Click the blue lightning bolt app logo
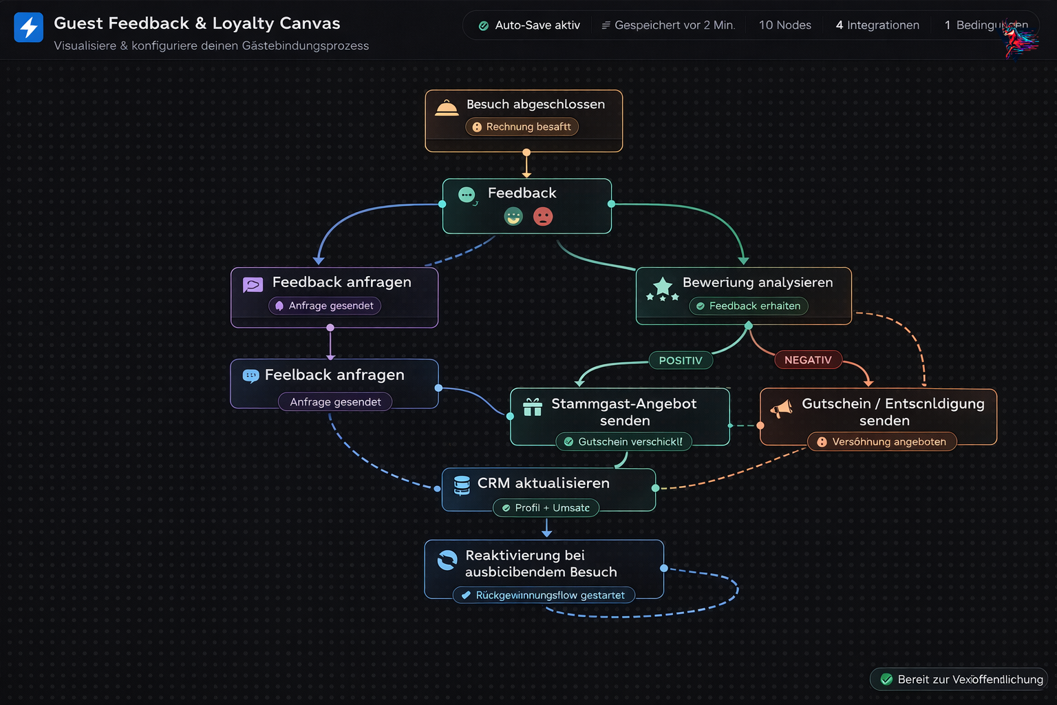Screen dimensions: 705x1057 pos(29,28)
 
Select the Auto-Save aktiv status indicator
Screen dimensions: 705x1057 pos(529,25)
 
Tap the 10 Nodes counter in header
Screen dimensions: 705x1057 pos(784,25)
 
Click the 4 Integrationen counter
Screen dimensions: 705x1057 pos(877,25)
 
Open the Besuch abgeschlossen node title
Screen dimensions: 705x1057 pos(535,105)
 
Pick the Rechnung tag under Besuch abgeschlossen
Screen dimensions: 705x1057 pos(522,127)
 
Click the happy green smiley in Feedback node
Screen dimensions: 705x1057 pos(513,217)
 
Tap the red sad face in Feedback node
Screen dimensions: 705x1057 pos(543,217)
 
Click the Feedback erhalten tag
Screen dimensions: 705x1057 pos(748,306)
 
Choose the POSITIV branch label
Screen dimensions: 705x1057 pos(681,360)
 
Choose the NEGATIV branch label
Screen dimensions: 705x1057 pos(808,360)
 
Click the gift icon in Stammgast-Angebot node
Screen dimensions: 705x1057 pos(533,407)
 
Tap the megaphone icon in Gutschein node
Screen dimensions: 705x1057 pos(781,409)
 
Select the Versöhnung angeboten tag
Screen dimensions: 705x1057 pos(882,441)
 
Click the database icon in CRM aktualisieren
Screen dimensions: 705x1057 pos(462,485)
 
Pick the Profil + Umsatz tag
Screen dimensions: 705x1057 pos(546,508)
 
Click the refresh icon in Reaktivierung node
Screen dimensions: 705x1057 pos(447,560)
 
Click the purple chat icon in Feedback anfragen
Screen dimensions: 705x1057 pos(253,284)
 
